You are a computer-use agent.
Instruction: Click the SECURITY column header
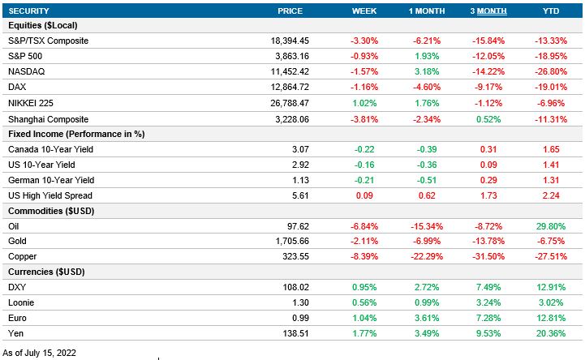[x=29, y=11]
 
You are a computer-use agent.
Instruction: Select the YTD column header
[x=551, y=11]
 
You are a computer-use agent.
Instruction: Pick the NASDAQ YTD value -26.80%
[x=552, y=71]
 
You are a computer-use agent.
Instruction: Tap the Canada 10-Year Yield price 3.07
[x=323, y=149]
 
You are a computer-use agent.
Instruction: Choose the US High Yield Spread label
[x=49, y=195]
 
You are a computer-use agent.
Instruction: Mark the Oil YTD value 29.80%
[x=552, y=226]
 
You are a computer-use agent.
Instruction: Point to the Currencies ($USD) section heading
[x=46, y=272]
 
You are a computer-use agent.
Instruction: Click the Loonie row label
[x=21, y=302]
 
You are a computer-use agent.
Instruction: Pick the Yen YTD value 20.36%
[x=552, y=333]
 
